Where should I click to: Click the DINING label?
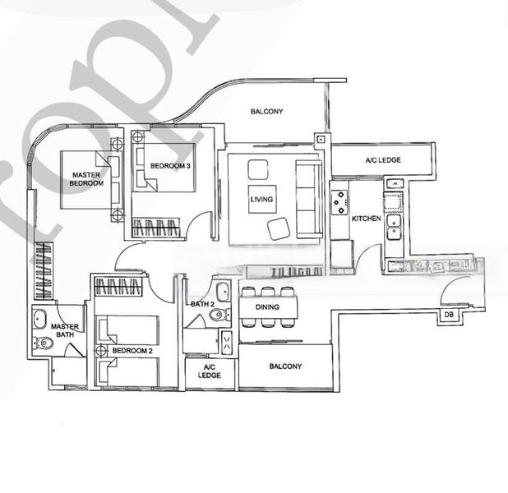(266, 307)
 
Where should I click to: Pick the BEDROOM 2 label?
(132, 351)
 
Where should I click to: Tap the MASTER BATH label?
(64, 332)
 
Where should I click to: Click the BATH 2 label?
(201, 305)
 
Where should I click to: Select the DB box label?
(449, 315)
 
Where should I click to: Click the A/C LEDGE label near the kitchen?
(383, 159)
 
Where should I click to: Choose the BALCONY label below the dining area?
(285, 366)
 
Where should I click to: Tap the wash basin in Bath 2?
(222, 293)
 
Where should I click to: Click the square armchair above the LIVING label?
(258, 170)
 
